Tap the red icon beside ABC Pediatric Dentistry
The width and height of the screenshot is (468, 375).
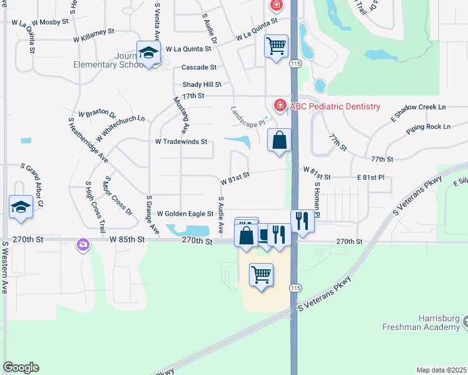click(x=280, y=105)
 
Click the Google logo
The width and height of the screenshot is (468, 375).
click(x=21, y=367)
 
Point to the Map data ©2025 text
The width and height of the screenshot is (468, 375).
click(x=441, y=370)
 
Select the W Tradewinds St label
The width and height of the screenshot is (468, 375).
click(x=181, y=142)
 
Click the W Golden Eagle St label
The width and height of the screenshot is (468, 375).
click(x=185, y=214)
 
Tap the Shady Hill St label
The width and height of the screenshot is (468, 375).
click(x=202, y=84)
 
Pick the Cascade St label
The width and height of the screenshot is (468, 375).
click(x=199, y=67)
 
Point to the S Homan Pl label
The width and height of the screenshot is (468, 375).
click(x=317, y=199)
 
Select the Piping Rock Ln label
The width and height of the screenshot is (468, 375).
click(x=428, y=127)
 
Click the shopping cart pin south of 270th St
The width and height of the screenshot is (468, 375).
click(x=261, y=275)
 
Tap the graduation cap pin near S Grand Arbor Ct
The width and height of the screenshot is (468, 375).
click(x=21, y=207)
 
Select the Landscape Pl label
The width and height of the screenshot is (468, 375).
click(x=248, y=116)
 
